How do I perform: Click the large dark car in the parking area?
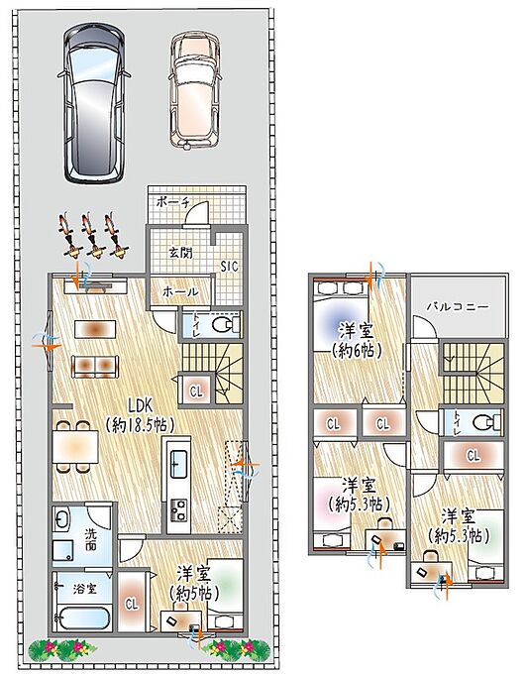tap(94, 103)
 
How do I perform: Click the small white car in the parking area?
tap(195, 90)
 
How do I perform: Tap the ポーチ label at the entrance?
tap(172, 202)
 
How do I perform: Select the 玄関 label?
tap(180, 253)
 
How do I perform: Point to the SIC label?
tap(229, 267)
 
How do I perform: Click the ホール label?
tap(180, 291)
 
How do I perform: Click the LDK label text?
tap(140, 404)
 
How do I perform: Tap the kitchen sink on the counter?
tap(178, 464)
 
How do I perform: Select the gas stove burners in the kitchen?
tap(178, 510)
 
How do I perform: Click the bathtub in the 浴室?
tap(83, 618)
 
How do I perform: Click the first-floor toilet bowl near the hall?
tap(223, 325)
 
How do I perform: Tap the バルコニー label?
tap(458, 307)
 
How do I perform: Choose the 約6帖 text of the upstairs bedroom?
tap(357, 352)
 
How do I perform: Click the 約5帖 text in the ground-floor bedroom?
tap(194, 594)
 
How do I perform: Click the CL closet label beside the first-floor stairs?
tap(196, 392)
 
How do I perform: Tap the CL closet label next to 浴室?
tap(132, 604)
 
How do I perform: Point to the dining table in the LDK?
tap(75, 447)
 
